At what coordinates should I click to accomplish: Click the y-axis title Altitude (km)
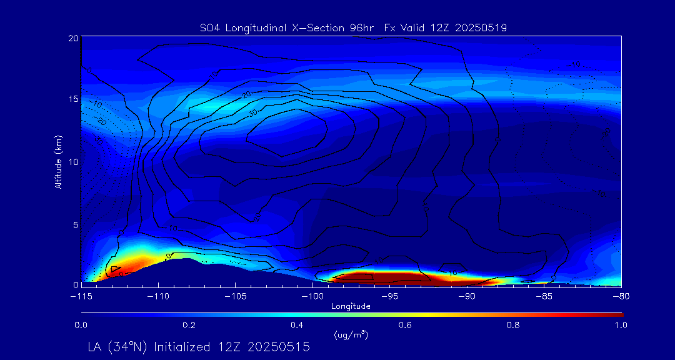[x=59, y=161]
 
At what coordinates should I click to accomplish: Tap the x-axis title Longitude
[x=351, y=306]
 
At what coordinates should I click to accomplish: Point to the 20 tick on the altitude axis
[x=73, y=38]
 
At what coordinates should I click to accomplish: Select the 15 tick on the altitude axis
[x=73, y=99]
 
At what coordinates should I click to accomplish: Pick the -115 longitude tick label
[x=81, y=296]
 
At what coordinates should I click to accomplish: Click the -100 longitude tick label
[x=312, y=296]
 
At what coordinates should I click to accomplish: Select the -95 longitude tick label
[x=389, y=296]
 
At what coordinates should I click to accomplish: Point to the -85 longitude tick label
[x=543, y=296]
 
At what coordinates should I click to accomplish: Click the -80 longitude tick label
[x=620, y=296]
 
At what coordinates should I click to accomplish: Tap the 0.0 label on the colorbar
[x=81, y=325]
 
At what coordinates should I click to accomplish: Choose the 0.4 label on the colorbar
[x=297, y=325]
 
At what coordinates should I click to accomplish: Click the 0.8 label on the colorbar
[x=513, y=325]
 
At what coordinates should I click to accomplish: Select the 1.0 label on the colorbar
[x=621, y=325]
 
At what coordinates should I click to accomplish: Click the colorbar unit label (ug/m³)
[x=351, y=334]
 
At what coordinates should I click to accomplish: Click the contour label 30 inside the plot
[x=252, y=113]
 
